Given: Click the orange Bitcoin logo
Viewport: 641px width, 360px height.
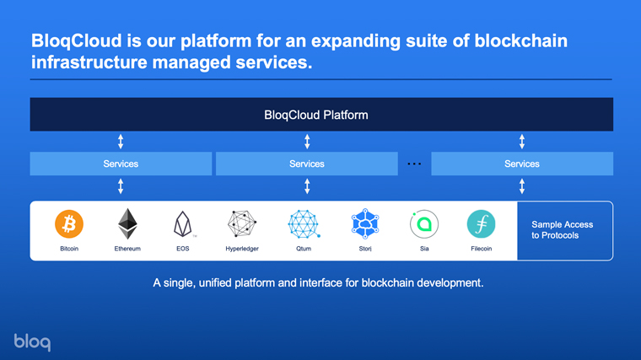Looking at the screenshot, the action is point(69,224).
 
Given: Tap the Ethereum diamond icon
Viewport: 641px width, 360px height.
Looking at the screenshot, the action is point(127,224).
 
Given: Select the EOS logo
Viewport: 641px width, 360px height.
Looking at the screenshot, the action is point(183,224).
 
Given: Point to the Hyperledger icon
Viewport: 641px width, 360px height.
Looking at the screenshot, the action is point(242,224).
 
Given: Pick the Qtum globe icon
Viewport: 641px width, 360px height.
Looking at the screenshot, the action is point(304,224).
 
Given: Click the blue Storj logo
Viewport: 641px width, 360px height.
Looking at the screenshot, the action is point(365,223).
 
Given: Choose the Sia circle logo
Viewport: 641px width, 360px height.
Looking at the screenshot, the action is point(424,224).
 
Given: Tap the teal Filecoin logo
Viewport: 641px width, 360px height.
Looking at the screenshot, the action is point(481,224).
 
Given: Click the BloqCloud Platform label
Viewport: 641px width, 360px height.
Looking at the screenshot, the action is point(316,116).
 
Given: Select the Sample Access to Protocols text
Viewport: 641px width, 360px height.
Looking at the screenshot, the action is point(562,230).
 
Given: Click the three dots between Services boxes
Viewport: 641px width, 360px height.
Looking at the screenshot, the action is point(414,164).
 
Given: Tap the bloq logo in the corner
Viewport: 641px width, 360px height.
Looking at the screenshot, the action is point(32,342).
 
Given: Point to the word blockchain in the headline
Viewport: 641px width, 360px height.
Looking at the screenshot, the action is point(521,40).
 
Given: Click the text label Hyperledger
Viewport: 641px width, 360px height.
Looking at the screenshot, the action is point(242,249).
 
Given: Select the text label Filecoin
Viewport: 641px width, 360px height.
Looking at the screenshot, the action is point(481,249).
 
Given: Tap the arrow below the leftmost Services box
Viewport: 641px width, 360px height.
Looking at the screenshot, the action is point(121,186).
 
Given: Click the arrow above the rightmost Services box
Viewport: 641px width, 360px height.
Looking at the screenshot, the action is point(522,142).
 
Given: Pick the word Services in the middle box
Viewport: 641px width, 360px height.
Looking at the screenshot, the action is point(307,164).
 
